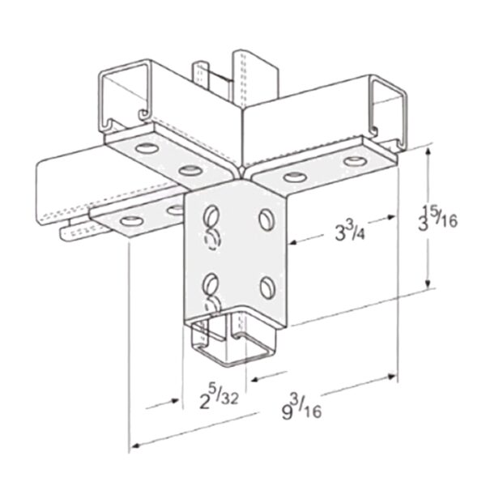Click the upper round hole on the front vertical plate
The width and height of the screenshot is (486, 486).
pyautogui.click(x=266, y=217)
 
